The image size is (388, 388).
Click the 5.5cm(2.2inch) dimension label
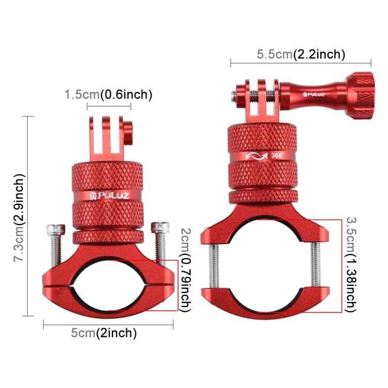tap(301, 54)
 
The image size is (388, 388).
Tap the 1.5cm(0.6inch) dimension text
tap(108, 95)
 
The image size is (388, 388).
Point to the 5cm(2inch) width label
tap(103, 333)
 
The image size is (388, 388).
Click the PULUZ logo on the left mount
tap(109, 197)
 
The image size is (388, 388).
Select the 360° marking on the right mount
tap(277, 155)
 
